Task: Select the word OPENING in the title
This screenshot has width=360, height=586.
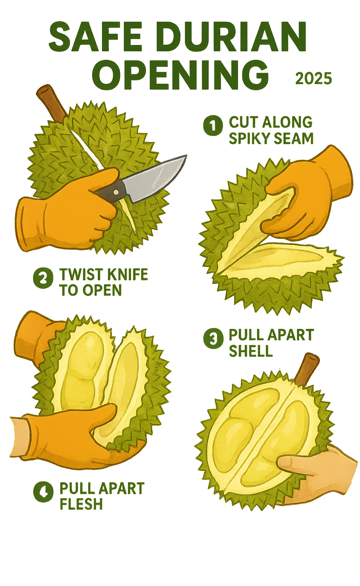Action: pyautogui.click(x=180, y=74)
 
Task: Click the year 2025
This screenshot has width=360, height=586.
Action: pyautogui.click(x=314, y=78)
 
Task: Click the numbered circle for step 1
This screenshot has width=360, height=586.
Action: pyautogui.click(x=213, y=125)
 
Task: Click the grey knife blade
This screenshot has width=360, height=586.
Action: pyautogui.click(x=154, y=178)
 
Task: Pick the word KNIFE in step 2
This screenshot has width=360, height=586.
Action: pyautogui.click(x=128, y=274)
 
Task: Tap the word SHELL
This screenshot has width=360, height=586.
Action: pyautogui.click(x=251, y=351)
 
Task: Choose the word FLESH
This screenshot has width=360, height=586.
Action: pyautogui.click(x=81, y=504)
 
